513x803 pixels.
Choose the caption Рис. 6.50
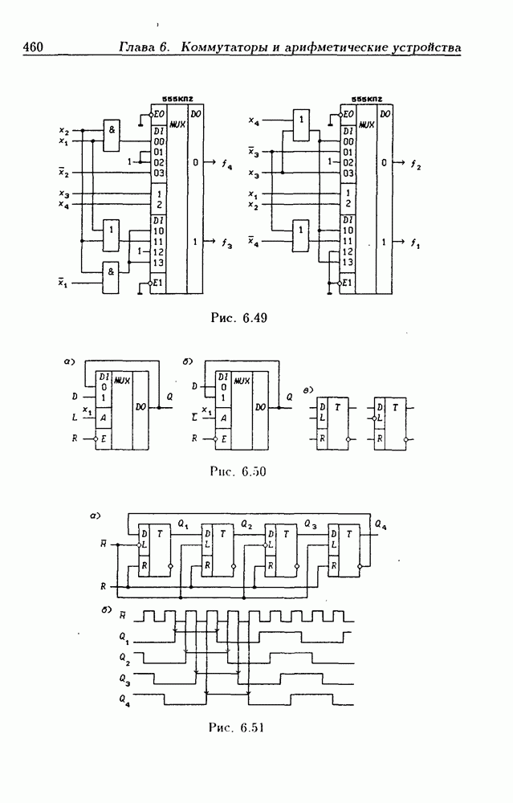tap(237, 471)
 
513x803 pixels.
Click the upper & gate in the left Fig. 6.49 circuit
tap(112, 133)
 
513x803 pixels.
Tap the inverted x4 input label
tap(253, 242)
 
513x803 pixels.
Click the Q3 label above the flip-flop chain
tap(310, 524)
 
